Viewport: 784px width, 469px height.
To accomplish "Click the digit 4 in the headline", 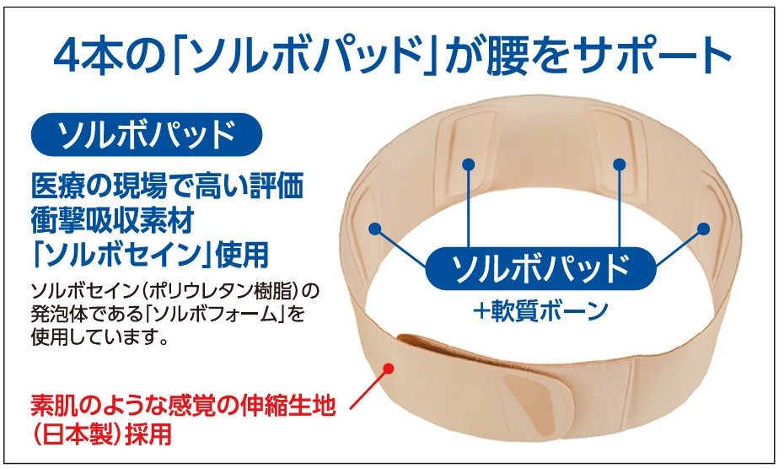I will [68, 57].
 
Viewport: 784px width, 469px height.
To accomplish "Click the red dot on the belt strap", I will [389, 368].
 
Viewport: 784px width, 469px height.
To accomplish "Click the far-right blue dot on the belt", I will [705, 228].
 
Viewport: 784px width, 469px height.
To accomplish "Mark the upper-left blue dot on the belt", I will [468, 162].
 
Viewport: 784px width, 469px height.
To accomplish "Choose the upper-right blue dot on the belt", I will [620, 162].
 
